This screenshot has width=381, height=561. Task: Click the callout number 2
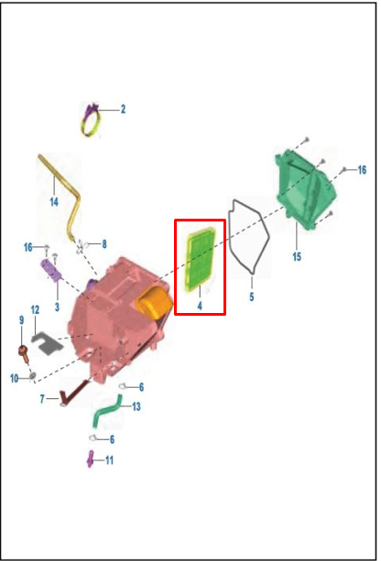click(123, 109)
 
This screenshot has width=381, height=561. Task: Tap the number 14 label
click(54, 202)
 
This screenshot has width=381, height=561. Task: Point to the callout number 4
click(200, 306)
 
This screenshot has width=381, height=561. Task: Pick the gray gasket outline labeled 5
click(249, 237)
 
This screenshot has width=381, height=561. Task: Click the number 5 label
click(252, 297)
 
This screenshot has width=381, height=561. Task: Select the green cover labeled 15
click(306, 189)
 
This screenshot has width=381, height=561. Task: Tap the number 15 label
click(297, 257)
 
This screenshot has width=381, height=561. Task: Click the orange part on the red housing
click(155, 303)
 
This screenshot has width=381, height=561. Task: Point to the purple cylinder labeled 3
click(51, 271)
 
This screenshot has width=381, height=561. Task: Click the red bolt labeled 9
click(24, 353)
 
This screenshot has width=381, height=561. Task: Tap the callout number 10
click(15, 379)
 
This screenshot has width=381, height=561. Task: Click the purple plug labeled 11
click(91, 459)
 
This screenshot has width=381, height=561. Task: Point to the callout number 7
click(42, 399)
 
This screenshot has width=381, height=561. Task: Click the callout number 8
click(104, 244)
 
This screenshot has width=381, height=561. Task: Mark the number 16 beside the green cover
click(362, 170)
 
